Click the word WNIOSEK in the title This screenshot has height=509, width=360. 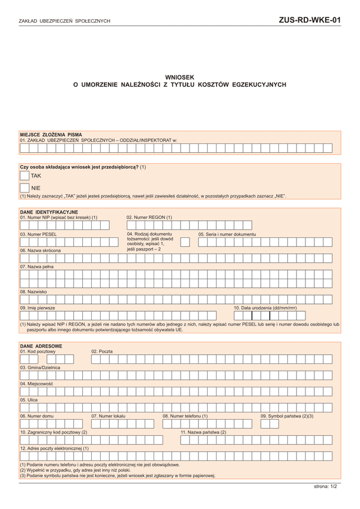click(179, 77)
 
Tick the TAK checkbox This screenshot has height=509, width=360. click(25, 176)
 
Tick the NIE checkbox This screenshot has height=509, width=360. click(25, 188)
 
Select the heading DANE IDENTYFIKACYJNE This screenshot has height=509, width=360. click(49, 212)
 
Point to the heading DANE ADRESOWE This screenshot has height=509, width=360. click(41, 346)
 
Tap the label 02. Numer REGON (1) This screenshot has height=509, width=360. click(149, 217)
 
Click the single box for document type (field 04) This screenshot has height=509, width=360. click(185, 242)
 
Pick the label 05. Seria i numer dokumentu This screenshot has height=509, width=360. click(227, 234)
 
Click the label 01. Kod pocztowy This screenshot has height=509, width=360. click(38, 351)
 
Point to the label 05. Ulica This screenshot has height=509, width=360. click(29, 399)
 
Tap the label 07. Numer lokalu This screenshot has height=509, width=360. click(108, 415)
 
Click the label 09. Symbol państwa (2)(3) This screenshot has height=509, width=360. click(287, 415)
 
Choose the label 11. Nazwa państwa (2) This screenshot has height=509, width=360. click(203, 432)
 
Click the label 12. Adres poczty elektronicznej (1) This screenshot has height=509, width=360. click(55, 448)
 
